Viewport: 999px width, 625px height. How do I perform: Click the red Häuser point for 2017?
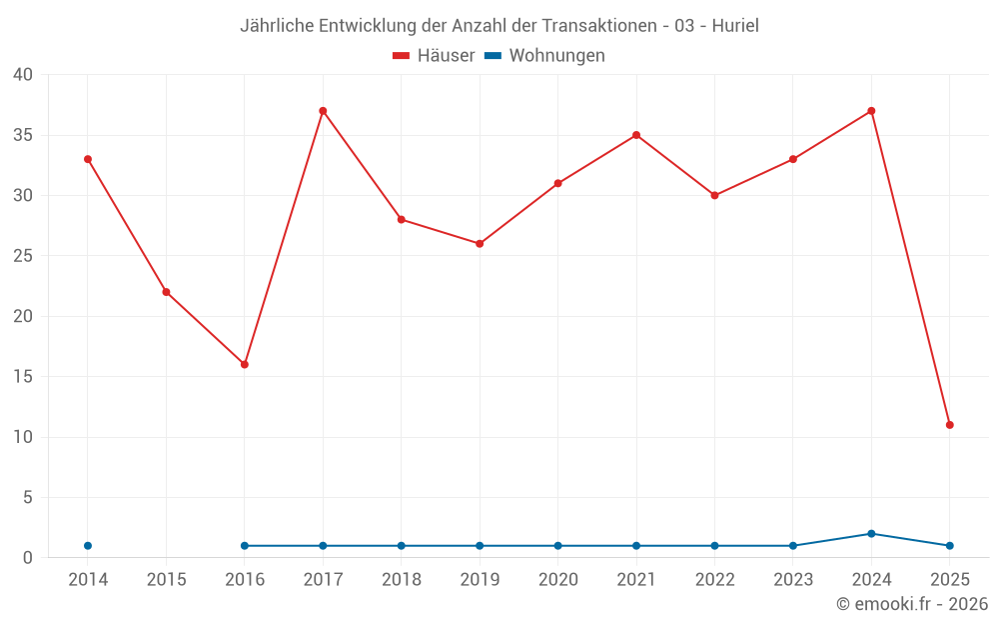tap(323, 111)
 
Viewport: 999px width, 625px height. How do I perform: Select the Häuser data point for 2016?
tap(245, 364)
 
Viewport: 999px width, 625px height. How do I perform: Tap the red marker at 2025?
tap(949, 425)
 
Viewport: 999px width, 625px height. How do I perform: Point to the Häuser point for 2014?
tap(88, 159)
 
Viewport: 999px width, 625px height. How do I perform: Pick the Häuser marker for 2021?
tap(636, 135)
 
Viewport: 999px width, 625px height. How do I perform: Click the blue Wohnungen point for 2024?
tap(871, 534)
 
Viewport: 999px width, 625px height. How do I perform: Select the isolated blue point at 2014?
tap(88, 546)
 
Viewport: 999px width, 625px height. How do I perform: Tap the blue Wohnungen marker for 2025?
tap(949, 546)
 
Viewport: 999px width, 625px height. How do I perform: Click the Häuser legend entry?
tap(434, 56)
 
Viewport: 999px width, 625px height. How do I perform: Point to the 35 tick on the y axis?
tap(23, 135)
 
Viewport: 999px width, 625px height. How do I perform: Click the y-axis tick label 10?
tap(23, 437)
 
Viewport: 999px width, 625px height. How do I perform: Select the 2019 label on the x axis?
tap(480, 580)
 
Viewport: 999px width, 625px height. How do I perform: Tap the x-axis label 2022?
tap(714, 580)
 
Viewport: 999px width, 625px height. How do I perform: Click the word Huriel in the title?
tap(735, 26)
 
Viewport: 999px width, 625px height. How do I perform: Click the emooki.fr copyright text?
tap(912, 604)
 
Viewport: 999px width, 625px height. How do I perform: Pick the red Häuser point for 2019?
tap(480, 244)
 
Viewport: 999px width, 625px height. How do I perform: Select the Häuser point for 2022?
tap(714, 195)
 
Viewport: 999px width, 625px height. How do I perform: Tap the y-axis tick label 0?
tap(28, 558)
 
